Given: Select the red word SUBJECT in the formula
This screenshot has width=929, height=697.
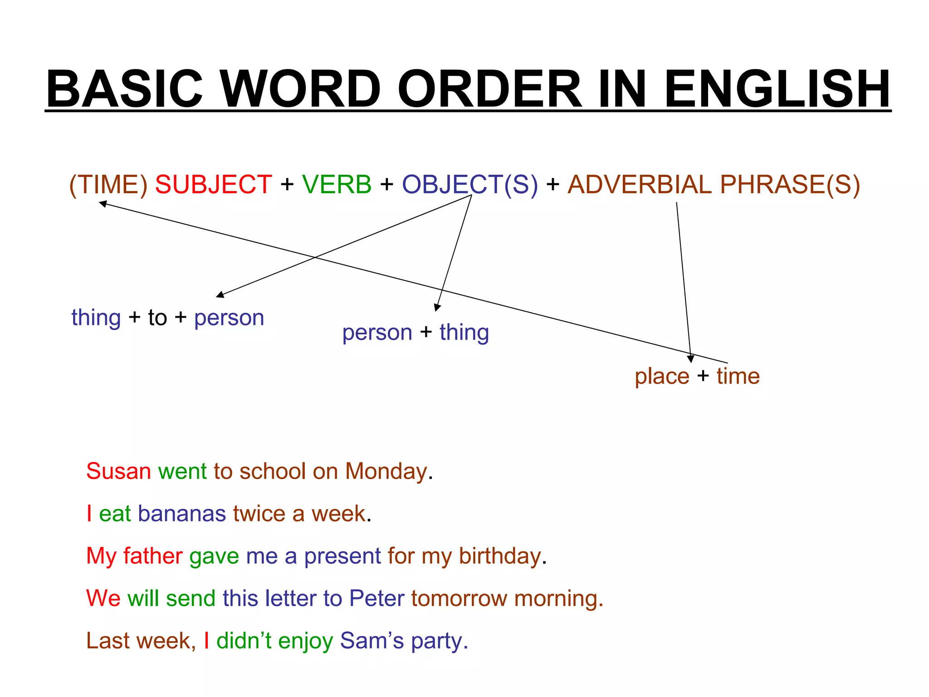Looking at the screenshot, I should click(x=213, y=185).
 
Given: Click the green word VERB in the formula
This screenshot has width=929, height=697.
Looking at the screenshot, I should click(x=337, y=185).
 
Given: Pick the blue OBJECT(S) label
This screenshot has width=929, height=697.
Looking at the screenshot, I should click(x=470, y=185).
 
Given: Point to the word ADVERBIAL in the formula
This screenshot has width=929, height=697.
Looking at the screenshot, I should click(x=640, y=185).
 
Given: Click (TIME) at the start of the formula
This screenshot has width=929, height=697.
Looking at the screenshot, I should click(x=108, y=185).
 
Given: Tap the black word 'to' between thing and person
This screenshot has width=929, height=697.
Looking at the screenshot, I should click(x=157, y=318).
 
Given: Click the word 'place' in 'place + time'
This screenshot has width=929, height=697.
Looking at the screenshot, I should click(x=662, y=376).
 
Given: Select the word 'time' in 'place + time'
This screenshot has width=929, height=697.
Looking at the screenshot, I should click(x=738, y=376).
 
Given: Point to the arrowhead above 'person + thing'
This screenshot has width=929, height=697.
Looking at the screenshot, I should click(x=437, y=307).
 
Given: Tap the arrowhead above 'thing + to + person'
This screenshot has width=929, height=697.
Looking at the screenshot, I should click(x=220, y=295).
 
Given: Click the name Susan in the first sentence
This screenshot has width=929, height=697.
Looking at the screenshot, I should click(x=118, y=471).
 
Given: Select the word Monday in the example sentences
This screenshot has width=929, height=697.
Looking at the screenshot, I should click(x=386, y=471).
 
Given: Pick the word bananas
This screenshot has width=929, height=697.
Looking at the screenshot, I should click(x=182, y=514).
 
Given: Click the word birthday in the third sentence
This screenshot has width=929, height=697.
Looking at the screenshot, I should click(x=500, y=556).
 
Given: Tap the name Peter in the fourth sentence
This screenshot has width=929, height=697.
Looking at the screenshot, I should click(x=376, y=598).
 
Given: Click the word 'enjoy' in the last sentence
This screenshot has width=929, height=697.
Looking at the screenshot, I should click(x=305, y=641).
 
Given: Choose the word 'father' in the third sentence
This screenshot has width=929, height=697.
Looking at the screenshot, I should click(x=153, y=556).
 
